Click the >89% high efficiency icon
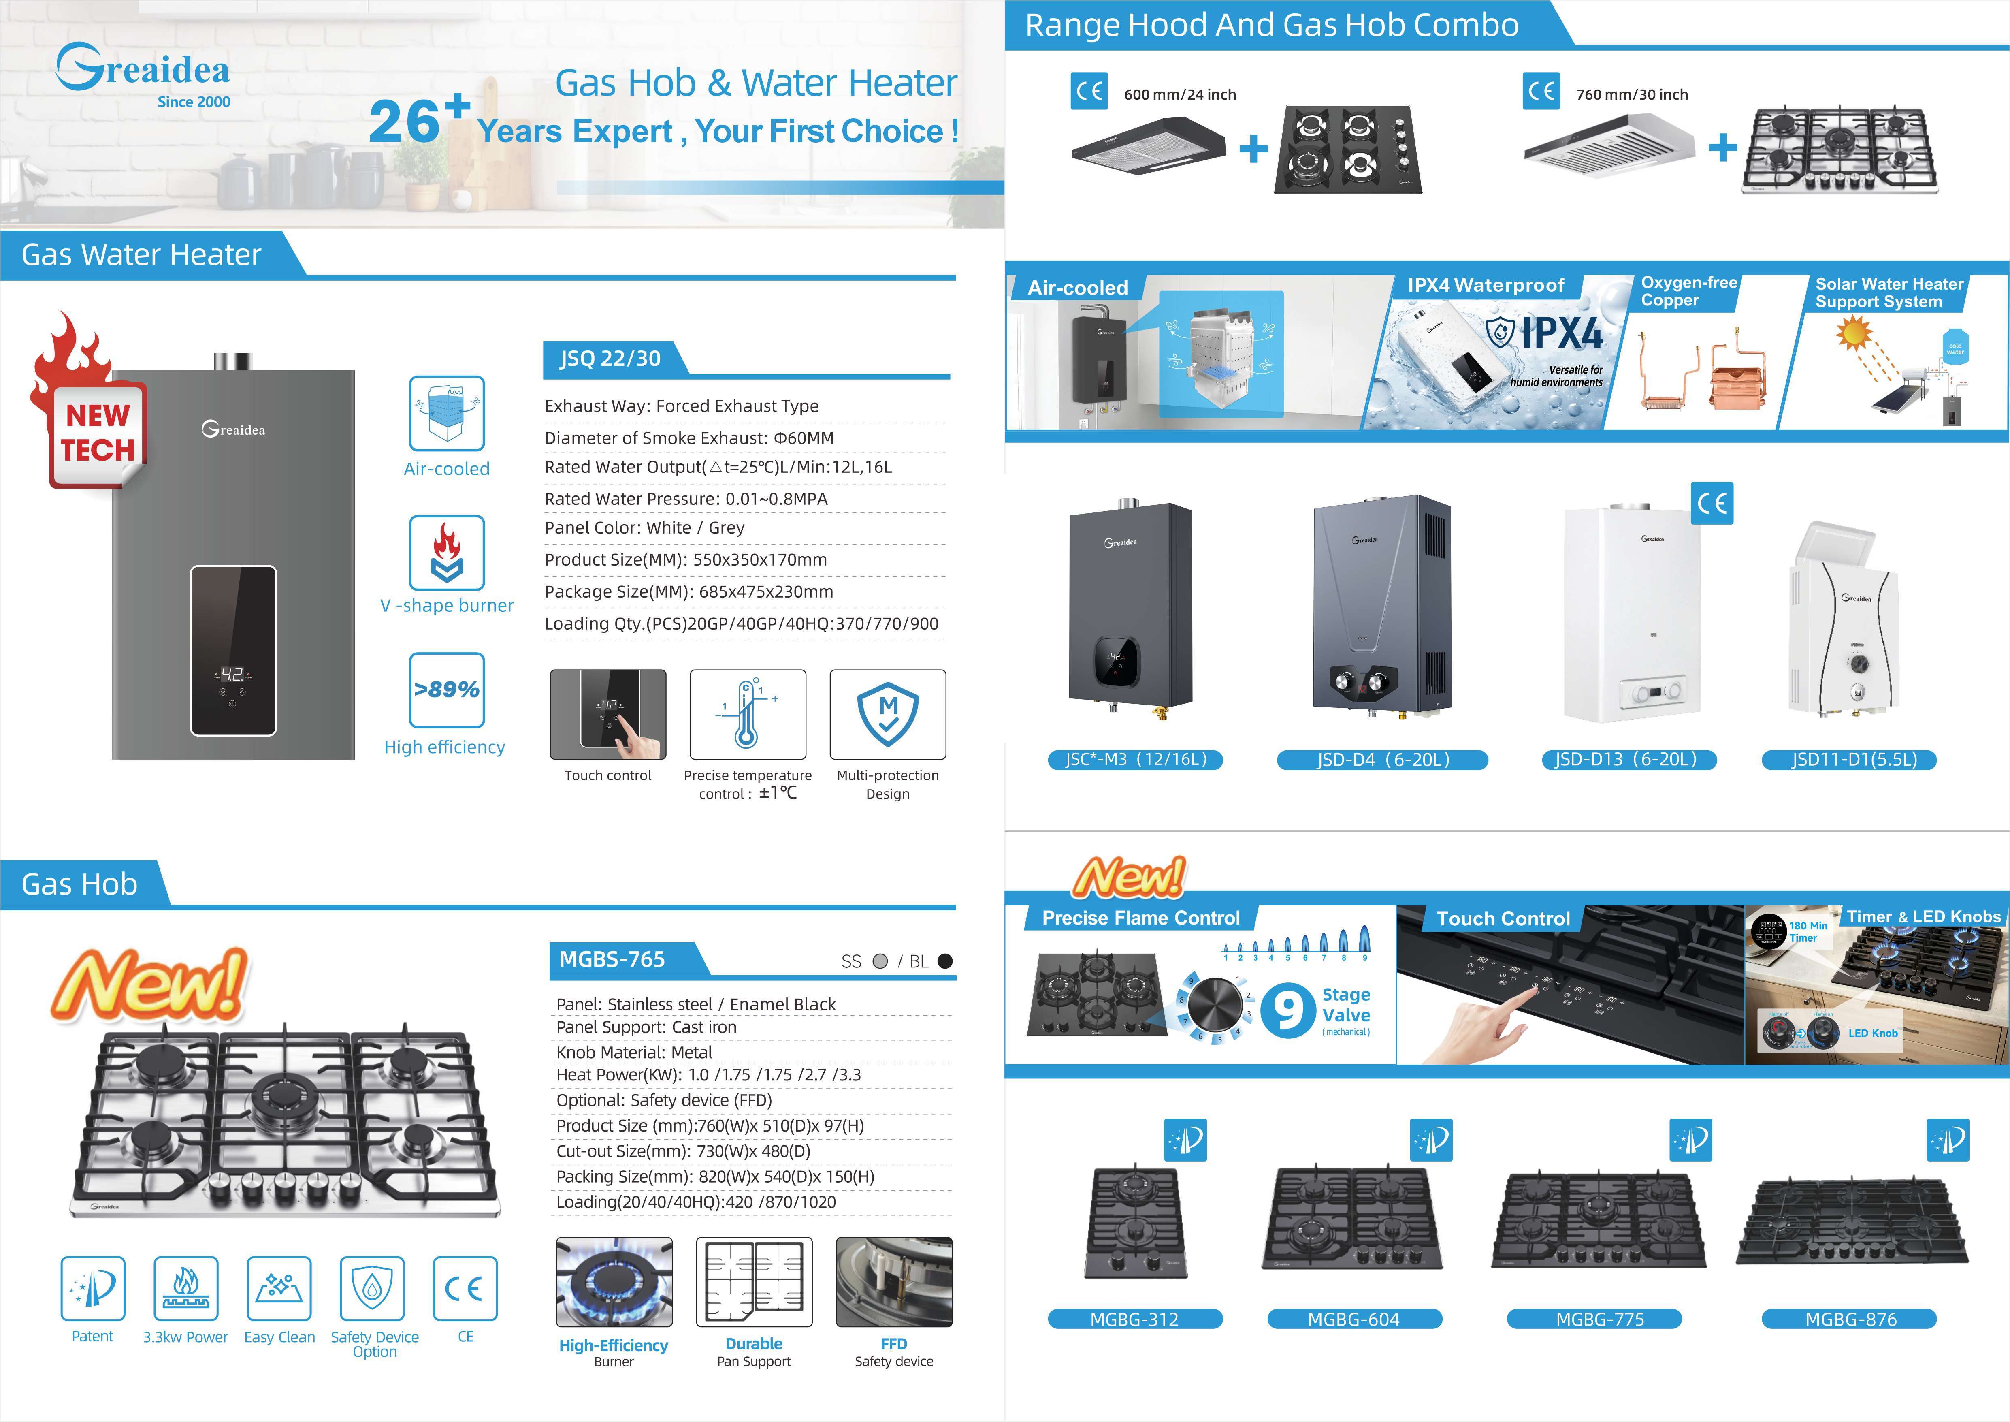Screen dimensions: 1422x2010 446,690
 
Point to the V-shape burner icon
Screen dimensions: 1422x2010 446,553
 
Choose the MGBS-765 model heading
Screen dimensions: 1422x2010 612,960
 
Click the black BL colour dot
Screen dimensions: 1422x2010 944,961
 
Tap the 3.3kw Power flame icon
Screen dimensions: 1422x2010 185,1288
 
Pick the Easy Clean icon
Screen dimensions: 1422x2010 279,1288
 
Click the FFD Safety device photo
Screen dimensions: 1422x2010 894,1282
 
